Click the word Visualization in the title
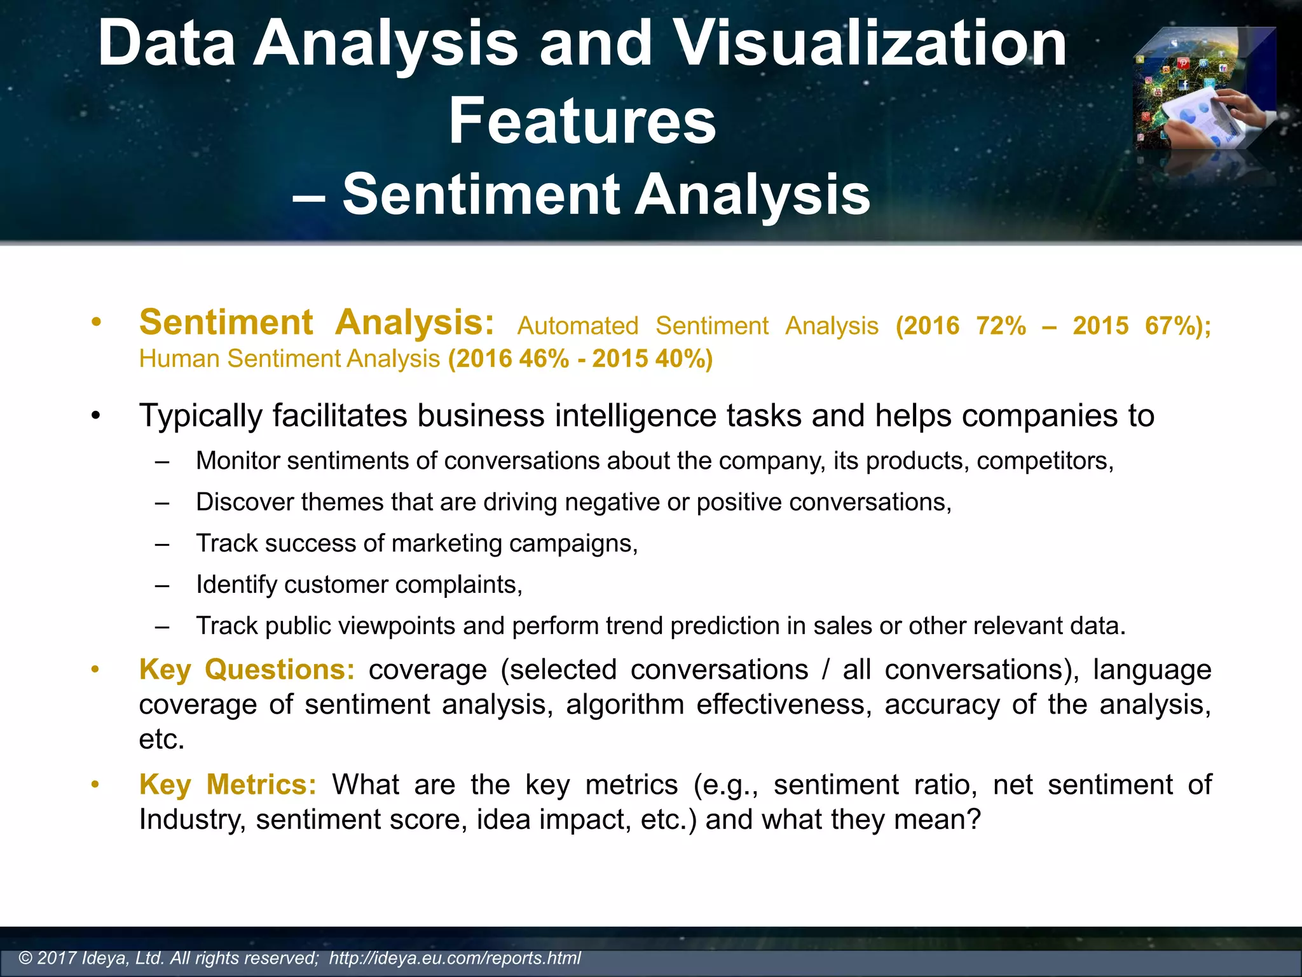pos(869,43)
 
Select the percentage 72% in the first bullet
pos(1001,326)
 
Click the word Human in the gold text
pos(180,359)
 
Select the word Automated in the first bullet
pos(577,326)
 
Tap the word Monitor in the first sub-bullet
pos(237,461)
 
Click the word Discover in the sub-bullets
pos(245,502)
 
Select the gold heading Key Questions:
pos(247,670)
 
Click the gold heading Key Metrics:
pos(228,784)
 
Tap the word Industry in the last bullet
pos(191,819)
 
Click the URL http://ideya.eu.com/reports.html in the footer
pos(455,958)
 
